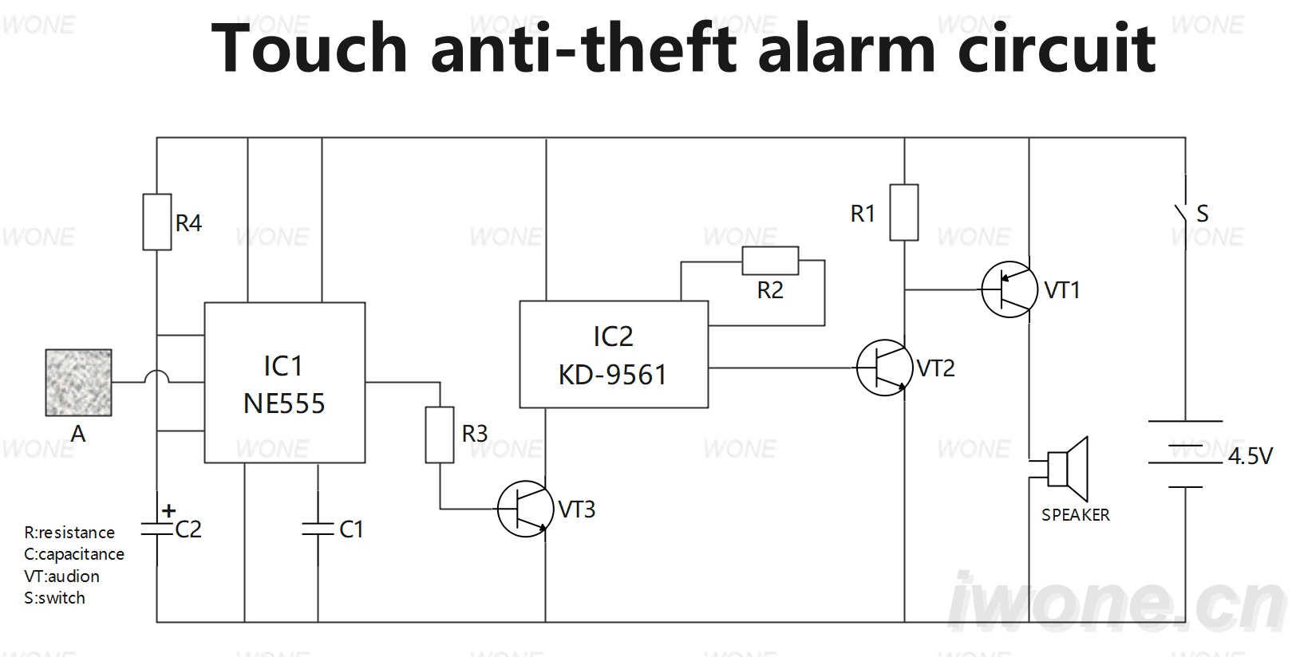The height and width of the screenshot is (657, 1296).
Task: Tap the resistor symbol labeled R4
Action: [156, 222]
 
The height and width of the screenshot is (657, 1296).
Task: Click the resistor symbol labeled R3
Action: [440, 435]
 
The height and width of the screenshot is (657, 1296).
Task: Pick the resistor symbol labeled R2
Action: [770, 261]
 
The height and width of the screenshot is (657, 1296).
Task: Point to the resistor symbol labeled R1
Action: [903, 212]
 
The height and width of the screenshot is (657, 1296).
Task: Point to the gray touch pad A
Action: [79, 383]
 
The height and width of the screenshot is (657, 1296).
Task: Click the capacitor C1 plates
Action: [318, 529]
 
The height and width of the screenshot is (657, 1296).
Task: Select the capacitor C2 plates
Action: [156, 529]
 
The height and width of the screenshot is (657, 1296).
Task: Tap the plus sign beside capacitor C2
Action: [169, 510]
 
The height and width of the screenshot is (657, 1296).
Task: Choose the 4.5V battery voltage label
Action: [1251, 457]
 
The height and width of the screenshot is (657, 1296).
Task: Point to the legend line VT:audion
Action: [62, 576]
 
